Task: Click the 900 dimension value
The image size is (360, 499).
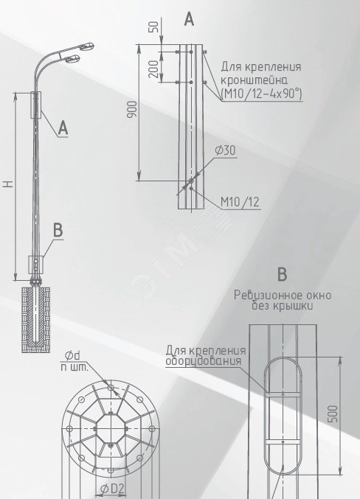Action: coord(132,109)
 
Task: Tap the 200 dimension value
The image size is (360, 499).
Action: coord(153,69)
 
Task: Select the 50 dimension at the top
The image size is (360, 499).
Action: coord(153,27)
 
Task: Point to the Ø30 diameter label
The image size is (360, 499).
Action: coord(226,150)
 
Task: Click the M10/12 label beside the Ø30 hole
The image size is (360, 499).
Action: coord(240,202)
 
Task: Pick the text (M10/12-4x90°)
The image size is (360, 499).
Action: coord(261,94)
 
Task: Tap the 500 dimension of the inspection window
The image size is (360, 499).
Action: coord(333,413)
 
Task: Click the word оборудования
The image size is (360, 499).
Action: coord(204,361)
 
